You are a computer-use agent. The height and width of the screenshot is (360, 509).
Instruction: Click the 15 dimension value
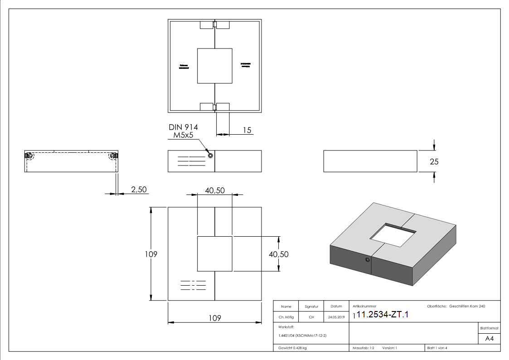click(247, 130)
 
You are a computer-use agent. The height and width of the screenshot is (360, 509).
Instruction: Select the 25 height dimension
click(434, 161)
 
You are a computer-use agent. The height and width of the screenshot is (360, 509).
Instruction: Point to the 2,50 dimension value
click(139, 189)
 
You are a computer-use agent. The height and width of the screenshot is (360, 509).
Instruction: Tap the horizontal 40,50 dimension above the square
click(215, 191)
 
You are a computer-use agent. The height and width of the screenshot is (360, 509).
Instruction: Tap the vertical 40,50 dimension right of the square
click(279, 254)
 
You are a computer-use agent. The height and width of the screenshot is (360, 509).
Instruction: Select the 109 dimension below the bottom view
click(214, 318)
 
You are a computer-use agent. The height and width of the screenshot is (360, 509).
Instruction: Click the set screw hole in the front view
click(210, 156)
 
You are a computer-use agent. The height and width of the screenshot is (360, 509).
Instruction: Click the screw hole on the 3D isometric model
click(367, 260)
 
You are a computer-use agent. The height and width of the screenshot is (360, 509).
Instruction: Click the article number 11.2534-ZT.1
click(383, 315)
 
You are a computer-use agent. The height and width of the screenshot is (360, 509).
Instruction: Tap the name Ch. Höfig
click(286, 317)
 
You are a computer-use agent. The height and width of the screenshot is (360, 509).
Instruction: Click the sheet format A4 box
click(489, 339)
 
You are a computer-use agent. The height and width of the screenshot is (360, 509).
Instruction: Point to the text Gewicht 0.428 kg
click(293, 348)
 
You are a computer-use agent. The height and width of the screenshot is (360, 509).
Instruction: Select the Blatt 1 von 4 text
click(437, 348)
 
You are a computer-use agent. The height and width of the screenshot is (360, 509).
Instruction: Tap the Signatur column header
click(311, 306)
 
